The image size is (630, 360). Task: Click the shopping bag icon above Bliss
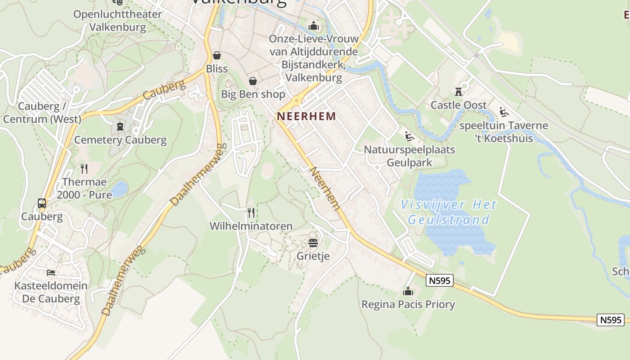tap(217, 55)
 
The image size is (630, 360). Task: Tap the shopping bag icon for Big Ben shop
tap(253, 81)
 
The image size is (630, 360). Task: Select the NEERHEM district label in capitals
tap(306, 116)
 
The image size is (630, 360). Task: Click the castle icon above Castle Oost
tap(459, 92)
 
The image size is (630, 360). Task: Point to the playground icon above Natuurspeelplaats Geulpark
tap(409, 136)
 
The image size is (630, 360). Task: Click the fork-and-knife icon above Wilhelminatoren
tap(251, 212)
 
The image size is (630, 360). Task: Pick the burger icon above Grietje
tap(313, 243)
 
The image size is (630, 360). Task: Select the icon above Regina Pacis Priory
tap(408, 291)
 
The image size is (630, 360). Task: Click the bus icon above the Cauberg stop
tap(42, 203)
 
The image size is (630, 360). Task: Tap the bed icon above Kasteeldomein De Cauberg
tap(51, 273)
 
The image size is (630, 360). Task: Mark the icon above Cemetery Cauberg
tap(120, 126)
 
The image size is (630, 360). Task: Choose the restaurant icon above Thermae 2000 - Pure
tap(84, 169)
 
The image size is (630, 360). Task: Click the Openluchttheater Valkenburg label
tap(117, 21)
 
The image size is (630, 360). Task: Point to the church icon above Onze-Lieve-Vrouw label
tap(314, 26)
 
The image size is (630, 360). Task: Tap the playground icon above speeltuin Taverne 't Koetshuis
tap(504, 112)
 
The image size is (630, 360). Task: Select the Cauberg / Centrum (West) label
tap(42, 113)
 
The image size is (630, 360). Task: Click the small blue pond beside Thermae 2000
tap(120, 189)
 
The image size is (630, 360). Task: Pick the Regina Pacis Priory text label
tap(408, 305)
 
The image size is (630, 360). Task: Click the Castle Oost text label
tap(459, 105)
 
